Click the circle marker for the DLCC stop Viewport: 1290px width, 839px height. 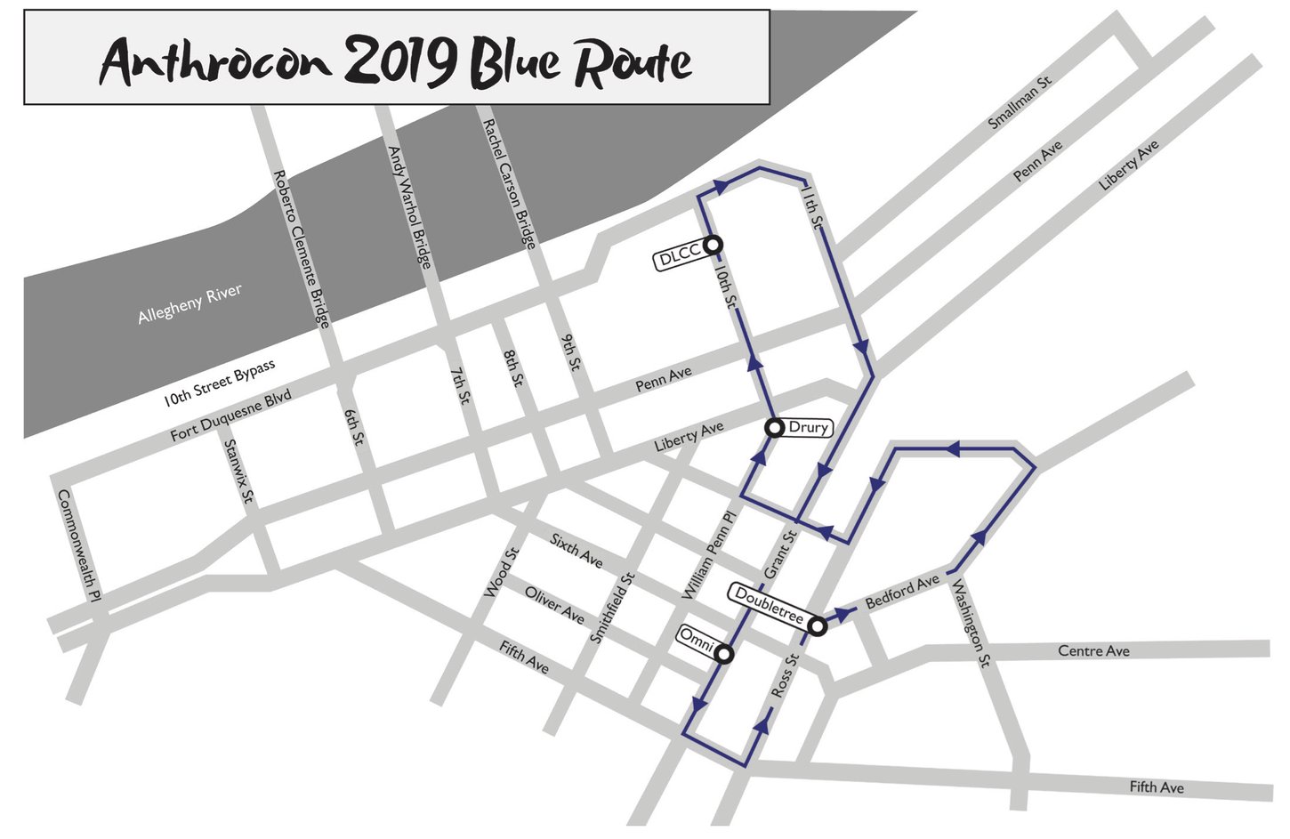point(713,245)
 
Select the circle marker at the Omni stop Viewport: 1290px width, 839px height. point(724,654)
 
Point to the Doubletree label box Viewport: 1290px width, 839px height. point(770,605)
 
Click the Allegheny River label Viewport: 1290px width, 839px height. point(189,304)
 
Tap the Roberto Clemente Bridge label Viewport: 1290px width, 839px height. point(301,248)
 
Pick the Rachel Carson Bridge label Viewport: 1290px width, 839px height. point(509,183)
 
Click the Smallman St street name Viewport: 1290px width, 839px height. point(1020,103)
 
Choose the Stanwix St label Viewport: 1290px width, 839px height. point(239,472)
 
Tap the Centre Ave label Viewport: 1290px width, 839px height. point(1093,651)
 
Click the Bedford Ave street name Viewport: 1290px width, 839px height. point(902,591)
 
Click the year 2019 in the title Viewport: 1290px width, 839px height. point(400,61)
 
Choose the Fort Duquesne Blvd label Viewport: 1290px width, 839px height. point(230,415)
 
